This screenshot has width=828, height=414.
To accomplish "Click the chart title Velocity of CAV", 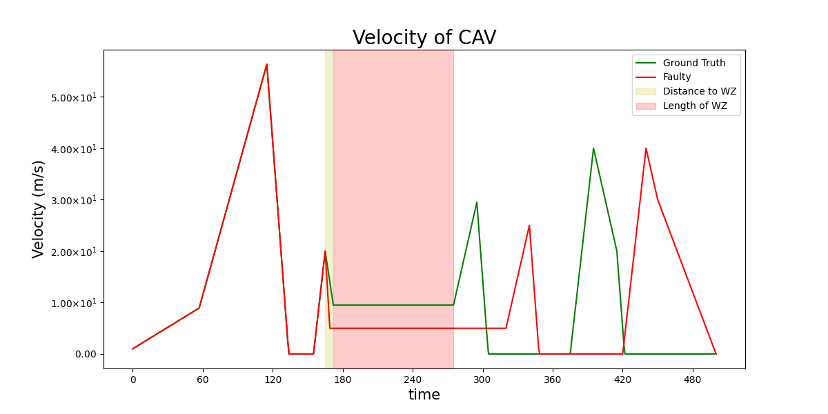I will tap(424, 38).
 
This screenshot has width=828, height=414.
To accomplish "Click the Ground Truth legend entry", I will tap(693, 63).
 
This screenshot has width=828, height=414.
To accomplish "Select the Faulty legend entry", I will tap(676, 77).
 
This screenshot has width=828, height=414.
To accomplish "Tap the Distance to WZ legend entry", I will tap(699, 92).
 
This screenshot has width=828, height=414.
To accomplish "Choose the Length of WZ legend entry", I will tap(695, 106).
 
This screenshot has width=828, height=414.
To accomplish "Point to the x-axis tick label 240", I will tap(413, 379).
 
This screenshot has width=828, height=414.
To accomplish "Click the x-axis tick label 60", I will tap(203, 379).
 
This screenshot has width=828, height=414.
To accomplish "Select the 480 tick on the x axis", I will tap(692, 379).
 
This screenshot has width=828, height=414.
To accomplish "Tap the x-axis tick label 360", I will tap(552, 379).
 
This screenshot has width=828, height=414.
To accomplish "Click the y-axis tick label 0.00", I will tap(87, 354).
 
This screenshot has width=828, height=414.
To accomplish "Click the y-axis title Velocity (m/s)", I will tap(39, 208).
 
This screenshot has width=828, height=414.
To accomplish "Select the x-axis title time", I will tap(424, 395).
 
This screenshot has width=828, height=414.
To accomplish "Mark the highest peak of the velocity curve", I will tap(266, 64).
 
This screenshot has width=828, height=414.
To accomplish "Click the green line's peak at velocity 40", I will tap(593, 148).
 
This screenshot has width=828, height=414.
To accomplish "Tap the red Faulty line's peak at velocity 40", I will tap(646, 148).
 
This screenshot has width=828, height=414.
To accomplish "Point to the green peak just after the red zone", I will tap(477, 202).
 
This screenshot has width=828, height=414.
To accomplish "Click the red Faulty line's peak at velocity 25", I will tap(529, 226).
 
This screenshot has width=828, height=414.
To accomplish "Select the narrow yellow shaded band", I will tap(329, 207).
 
